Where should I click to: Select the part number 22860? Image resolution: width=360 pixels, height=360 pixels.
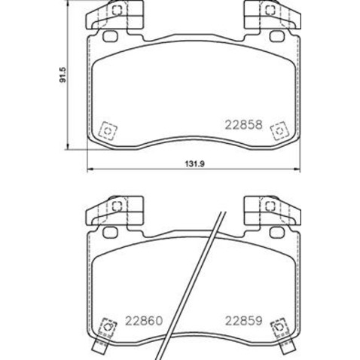pos(144,319)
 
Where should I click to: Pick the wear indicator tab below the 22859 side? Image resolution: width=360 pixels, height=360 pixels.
pos(284,348)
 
